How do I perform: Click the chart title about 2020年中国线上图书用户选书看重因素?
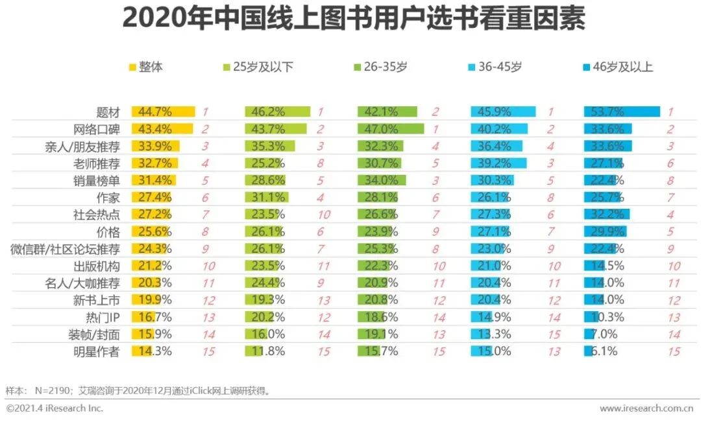tap(353, 19)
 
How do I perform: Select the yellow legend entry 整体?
tap(146, 66)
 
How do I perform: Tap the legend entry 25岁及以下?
tap(258, 66)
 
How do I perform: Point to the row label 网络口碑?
tap(101, 128)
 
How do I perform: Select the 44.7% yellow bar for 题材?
tap(163, 111)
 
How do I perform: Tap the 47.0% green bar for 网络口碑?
tap(390, 128)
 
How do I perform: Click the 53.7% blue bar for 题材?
tap(621, 111)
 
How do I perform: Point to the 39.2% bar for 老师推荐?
tap(497, 163)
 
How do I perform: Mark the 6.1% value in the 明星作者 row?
tap(603, 351)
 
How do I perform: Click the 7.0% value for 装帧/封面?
tap(604, 334)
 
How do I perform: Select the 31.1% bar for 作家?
tap(266, 197)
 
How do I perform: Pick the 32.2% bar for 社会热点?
tap(606, 214)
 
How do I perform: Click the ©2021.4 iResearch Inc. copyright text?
tap(55, 408)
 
